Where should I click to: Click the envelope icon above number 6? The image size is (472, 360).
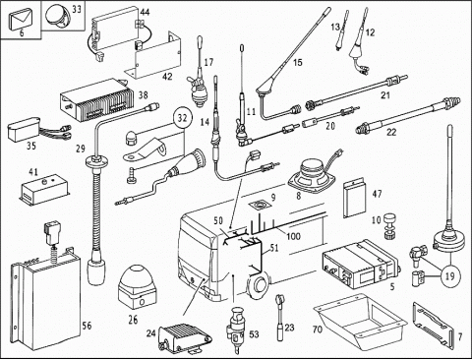click(22, 20)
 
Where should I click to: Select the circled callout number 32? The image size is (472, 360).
click(183, 118)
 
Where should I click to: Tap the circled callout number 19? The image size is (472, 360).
click(450, 275)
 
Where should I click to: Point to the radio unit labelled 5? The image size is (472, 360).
click(361, 264)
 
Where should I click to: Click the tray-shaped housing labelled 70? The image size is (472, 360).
click(361, 319)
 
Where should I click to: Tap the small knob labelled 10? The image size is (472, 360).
click(389, 226)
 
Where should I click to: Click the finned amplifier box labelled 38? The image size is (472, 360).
click(97, 100)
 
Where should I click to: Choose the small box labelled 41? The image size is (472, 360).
click(45, 190)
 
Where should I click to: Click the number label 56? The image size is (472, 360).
click(87, 326)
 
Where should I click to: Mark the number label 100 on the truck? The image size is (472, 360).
click(293, 236)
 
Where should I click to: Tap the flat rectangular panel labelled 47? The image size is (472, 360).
click(354, 199)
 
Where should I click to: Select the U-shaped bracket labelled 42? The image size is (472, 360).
click(158, 56)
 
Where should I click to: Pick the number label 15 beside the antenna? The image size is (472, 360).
click(298, 62)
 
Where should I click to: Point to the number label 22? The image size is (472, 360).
click(391, 132)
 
